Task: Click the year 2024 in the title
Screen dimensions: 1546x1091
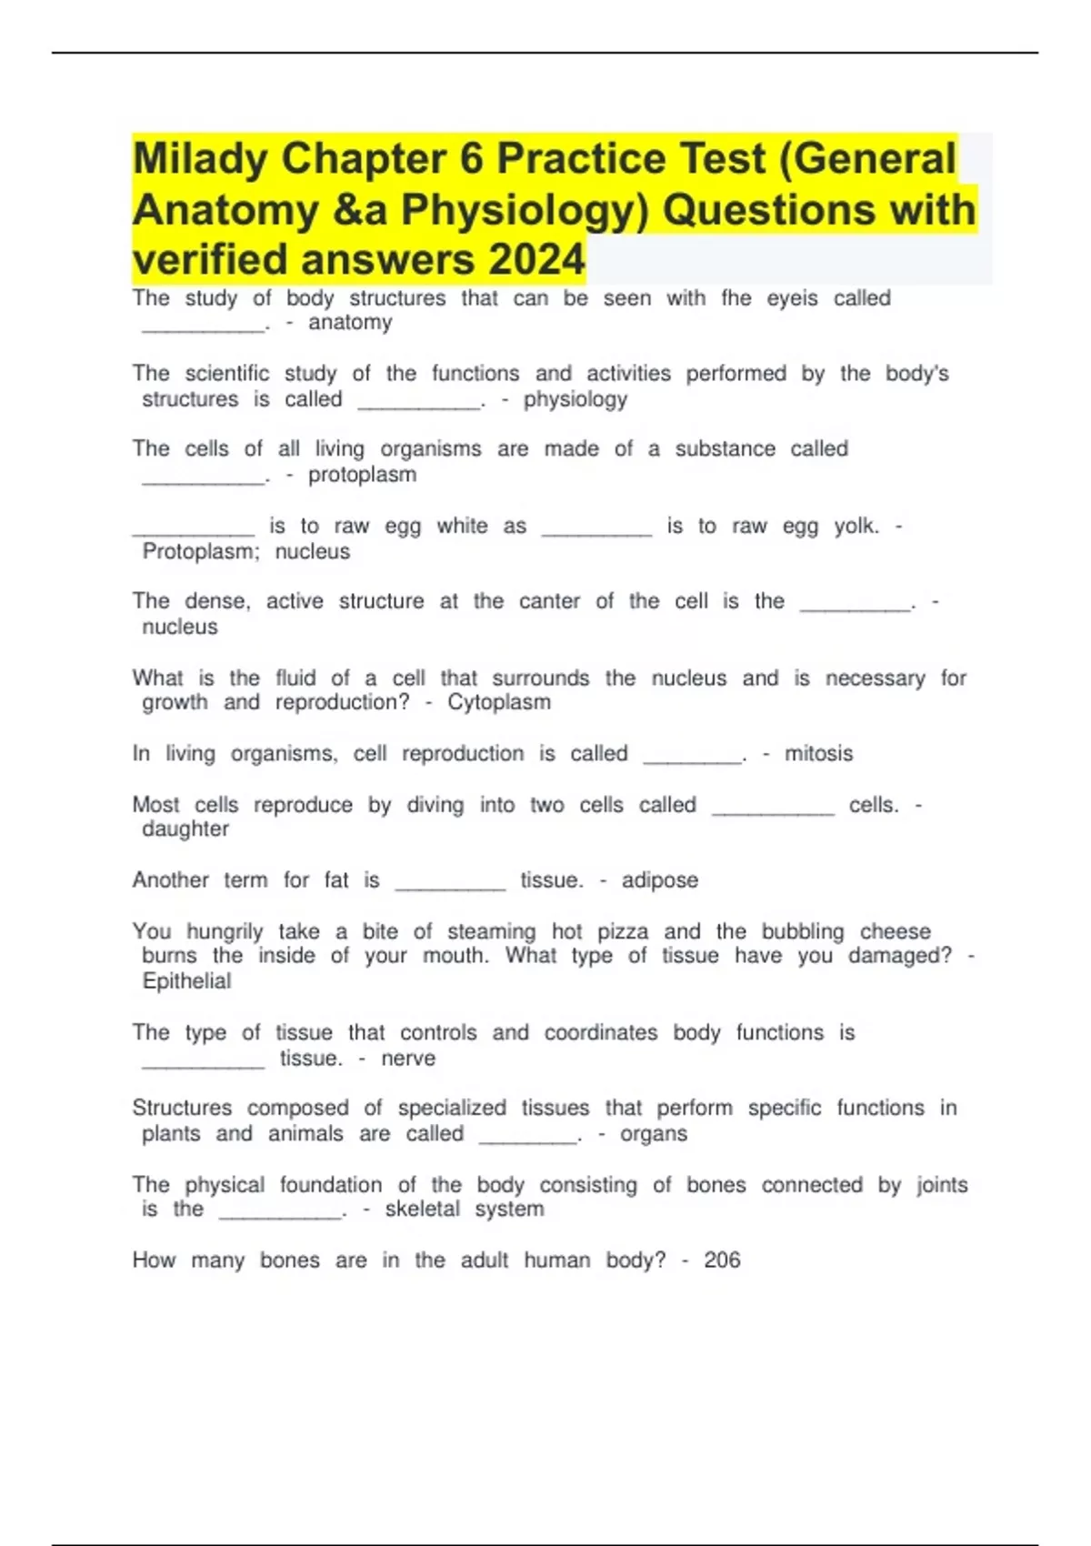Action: coord(536,260)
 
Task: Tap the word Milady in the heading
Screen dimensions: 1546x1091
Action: coord(200,159)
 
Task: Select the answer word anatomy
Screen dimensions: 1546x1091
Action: coord(350,323)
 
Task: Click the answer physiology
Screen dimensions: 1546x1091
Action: coord(575,399)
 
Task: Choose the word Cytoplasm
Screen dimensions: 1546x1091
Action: coord(498,702)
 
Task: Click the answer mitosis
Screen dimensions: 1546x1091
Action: coord(818,754)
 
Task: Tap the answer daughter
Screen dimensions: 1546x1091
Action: coord(185,829)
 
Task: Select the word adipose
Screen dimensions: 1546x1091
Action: coord(660,880)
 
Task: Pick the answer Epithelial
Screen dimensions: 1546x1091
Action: coord(186,981)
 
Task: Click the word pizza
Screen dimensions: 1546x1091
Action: coord(623,932)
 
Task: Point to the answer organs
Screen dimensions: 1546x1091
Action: coord(654,1134)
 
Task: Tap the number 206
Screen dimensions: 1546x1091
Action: coord(722,1260)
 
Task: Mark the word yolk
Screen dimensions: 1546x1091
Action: coord(856,527)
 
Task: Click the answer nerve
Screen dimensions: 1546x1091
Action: coord(408,1059)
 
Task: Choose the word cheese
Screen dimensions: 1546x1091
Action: coord(895,932)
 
